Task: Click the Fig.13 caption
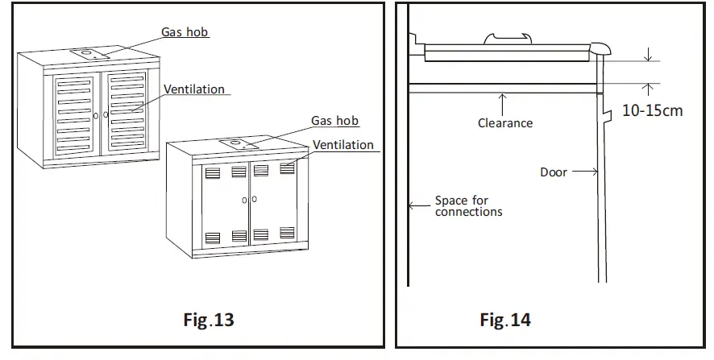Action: (x=209, y=320)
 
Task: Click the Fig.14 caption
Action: (x=505, y=320)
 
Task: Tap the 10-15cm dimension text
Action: (x=652, y=110)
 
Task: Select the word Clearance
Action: (x=505, y=123)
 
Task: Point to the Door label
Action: (x=554, y=172)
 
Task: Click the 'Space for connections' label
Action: (x=468, y=206)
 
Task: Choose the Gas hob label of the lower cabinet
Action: (x=335, y=121)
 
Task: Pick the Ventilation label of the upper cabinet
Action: (x=194, y=89)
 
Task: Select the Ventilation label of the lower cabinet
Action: (x=343, y=145)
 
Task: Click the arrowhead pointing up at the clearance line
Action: (x=502, y=97)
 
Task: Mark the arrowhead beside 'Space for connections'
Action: (x=412, y=206)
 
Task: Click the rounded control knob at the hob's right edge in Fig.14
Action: (x=600, y=49)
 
